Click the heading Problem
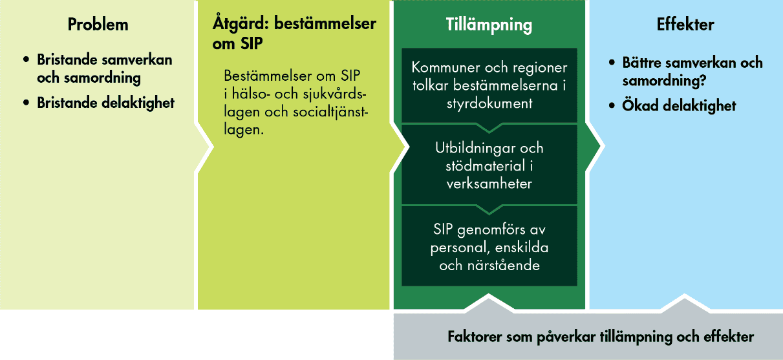tap(98, 25)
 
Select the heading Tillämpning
tap(489, 25)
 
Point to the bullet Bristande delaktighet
tap(105, 103)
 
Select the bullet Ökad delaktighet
tap(679, 105)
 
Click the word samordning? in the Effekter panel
tap(663, 81)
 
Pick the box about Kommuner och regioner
tap(489, 85)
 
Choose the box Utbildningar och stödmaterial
tap(489, 165)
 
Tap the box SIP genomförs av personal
tap(489, 247)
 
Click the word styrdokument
tap(489, 103)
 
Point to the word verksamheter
tap(489, 184)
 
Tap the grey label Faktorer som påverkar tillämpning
tap(600, 337)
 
